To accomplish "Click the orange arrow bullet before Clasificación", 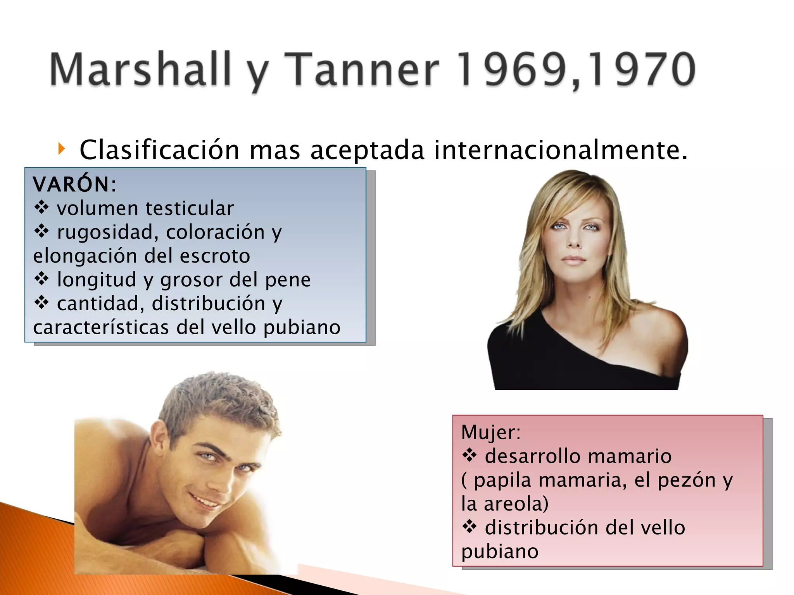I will coord(61,148).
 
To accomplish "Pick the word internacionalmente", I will coord(560,150).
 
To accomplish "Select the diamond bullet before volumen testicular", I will coord(41,208).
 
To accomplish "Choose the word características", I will coord(101,327).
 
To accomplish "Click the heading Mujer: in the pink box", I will coord(491,432).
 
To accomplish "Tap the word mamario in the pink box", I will coord(636,456).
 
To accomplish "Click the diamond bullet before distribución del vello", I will coord(469,527).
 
